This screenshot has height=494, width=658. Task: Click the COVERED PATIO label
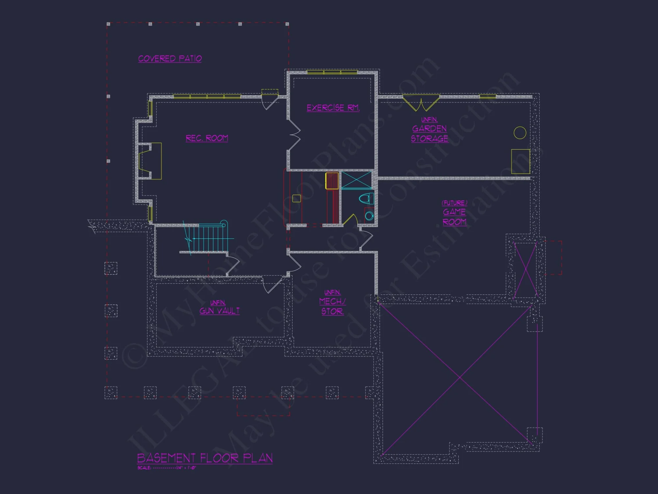coord(170,59)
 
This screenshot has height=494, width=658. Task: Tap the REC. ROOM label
coord(207,138)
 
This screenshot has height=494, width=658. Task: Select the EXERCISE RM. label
coord(333,108)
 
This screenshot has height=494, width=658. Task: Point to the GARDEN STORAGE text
coord(429,133)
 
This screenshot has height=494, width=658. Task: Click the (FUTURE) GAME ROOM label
coord(454,212)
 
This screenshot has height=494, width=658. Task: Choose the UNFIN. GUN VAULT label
coord(219,308)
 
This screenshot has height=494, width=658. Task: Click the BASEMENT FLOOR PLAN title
coord(205,458)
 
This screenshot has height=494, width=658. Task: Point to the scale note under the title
coord(166,468)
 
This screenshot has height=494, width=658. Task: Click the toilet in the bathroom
coord(366,199)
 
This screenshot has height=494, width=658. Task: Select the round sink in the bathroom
coord(369,216)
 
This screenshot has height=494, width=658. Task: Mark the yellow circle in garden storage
coord(520,133)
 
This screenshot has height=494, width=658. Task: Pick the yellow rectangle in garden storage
coord(520,161)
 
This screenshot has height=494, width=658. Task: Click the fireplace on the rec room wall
coord(150,161)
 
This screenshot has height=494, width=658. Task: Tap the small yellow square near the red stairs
coord(296,198)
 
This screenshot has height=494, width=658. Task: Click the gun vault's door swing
coord(271,285)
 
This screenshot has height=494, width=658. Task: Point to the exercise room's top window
coord(332,72)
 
